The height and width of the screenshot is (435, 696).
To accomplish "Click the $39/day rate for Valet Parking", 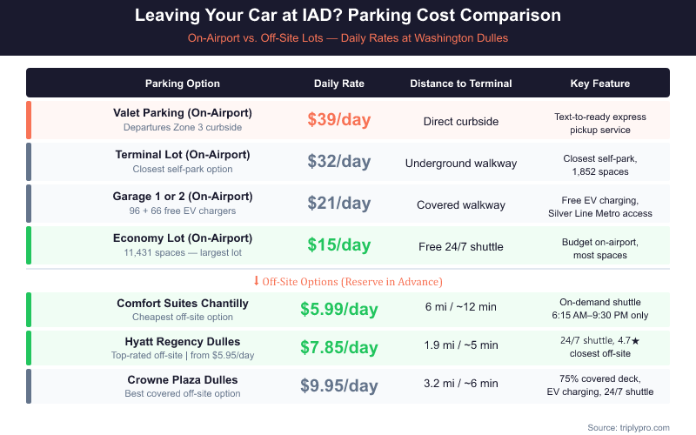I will pyautogui.click(x=339, y=120).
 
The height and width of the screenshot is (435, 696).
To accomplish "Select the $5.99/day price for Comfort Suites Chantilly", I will pyautogui.click(x=339, y=310).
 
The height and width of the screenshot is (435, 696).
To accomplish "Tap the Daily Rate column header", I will pyautogui.click(x=339, y=84).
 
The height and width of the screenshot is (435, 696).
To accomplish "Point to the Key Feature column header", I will pyautogui.click(x=600, y=84).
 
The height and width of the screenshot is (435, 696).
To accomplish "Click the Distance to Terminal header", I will pyautogui.click(x=461, y=84).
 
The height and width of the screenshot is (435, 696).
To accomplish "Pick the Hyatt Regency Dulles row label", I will pyautogui.click(x=183, y=341).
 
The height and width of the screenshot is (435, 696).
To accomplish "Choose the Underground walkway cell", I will pyautogui.click(x=461, y=163).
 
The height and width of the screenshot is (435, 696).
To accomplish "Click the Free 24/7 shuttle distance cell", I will pyautogui.click(x=461, y=246).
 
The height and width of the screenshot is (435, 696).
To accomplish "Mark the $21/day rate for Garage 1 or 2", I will pyautogui.click(x=339, y=204).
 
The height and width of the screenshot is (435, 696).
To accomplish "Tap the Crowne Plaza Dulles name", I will pyautogui.click(x=183, y=379).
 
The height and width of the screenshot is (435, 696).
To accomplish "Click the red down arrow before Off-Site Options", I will pyautogui.click(x=256, y=281).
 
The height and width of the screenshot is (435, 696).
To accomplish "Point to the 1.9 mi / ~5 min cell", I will pyautogui.click(x=461, y=345).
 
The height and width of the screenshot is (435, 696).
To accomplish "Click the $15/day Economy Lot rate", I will pyautogui.click(x=339, y=245).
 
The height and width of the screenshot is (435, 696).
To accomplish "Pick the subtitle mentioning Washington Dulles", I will pyautogui.click(x=348, y=38).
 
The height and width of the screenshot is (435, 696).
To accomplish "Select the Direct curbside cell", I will pyautogui.click(x=461, y=121).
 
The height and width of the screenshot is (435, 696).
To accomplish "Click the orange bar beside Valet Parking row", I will pyautogui.click(x=29, y=120).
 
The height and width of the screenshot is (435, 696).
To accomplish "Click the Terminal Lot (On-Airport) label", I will pyautogui.click(x=183, y=154).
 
